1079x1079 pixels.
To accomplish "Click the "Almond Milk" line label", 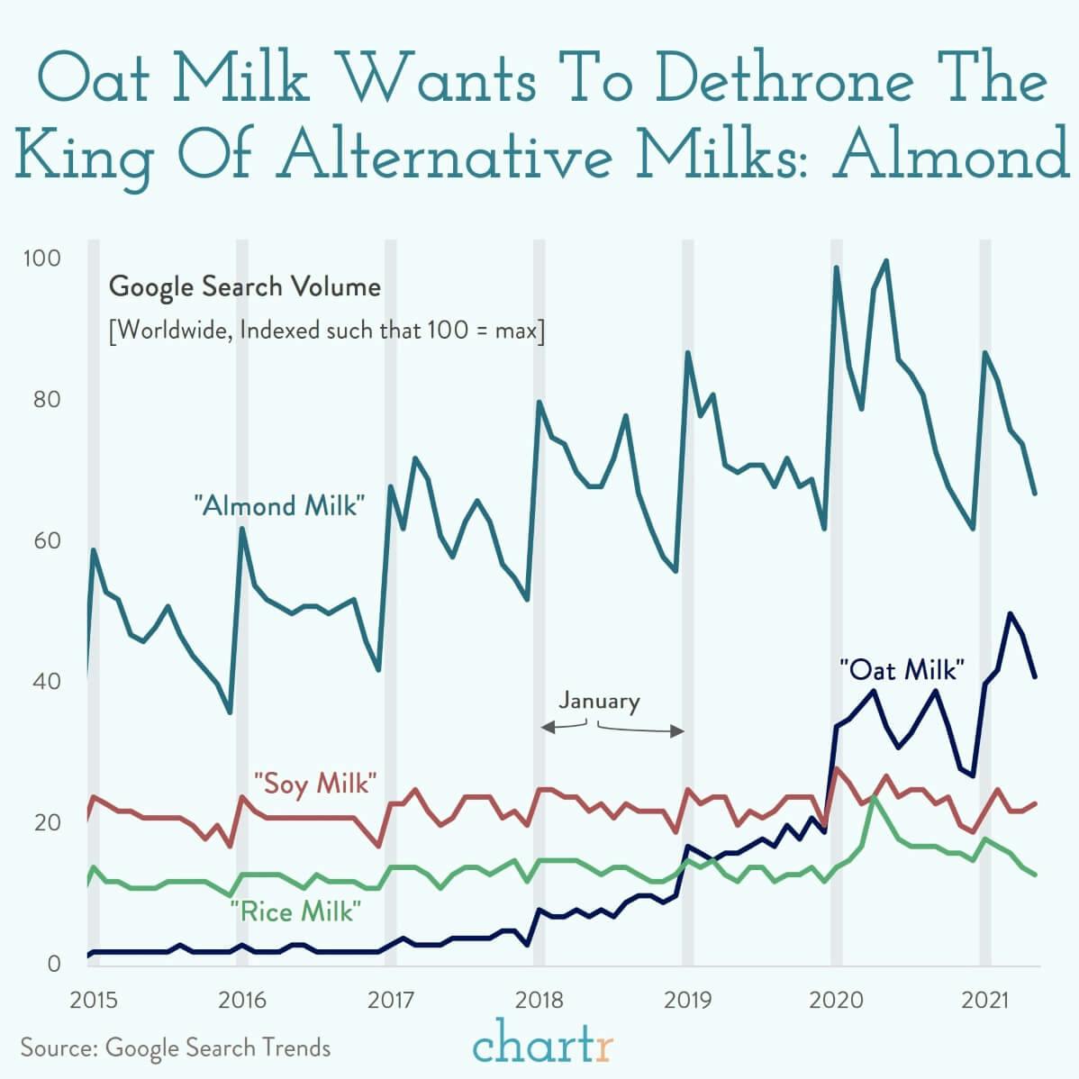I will pos(280,505).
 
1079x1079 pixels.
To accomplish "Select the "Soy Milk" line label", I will pos(313,783).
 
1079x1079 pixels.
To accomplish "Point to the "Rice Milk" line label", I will pos(295,911).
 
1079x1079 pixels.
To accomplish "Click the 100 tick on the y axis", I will pos(41,258).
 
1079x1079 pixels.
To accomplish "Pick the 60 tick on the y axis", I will pos(46,540).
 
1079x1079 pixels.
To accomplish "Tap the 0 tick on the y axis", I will pos(53,963).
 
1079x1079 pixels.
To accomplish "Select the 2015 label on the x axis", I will pos(94,1000).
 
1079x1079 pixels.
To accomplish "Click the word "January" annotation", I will pos(599,701).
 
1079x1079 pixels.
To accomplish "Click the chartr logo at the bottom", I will pos(543,1045).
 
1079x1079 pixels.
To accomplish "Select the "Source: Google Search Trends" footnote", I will pos(176,1048).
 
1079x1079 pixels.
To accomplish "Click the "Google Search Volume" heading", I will pos(244,287).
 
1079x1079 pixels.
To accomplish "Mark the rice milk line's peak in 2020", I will pos(873,798).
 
